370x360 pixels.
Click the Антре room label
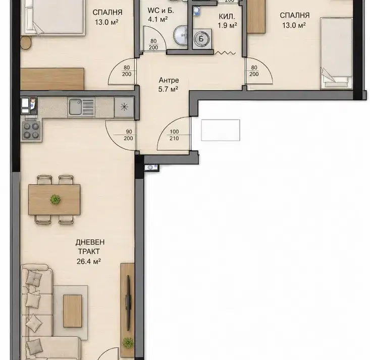point(169,80)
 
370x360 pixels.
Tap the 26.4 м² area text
point(89,261)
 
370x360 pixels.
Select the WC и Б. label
point(161,11)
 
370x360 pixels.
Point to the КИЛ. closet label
point(227,17)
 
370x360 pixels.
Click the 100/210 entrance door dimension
point(174,135)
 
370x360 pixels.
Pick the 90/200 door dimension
point(128,135)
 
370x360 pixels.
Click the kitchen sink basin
point(76,107)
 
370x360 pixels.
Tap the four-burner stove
point(31,131)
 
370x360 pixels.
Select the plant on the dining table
point(56,200)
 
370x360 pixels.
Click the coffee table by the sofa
point(73,311)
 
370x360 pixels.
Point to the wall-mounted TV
point(128,303)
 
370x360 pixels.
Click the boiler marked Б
point(201,38)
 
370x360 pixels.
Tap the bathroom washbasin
point(181,35)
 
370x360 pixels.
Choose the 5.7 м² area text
point(168,89)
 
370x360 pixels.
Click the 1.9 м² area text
point(227,25)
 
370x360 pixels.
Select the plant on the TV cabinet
point(128,342)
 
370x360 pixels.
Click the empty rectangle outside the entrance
point(221,130)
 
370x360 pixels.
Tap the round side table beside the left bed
point(26,43)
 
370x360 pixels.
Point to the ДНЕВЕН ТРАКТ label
point(90,247)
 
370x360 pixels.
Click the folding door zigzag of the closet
point(225,53)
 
